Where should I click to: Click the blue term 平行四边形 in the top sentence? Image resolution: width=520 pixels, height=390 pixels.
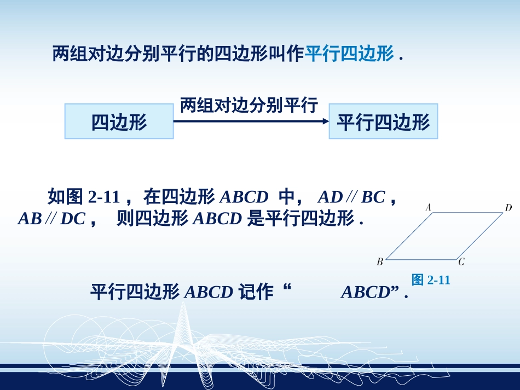click(349, 54)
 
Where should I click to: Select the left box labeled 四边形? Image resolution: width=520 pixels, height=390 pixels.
click(119, 121)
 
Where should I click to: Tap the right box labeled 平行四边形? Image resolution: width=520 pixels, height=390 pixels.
click(383, 121)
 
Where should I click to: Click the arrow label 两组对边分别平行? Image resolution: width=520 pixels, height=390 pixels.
click(249, 105)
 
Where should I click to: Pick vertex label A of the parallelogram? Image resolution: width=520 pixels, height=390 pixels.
click(429, 207)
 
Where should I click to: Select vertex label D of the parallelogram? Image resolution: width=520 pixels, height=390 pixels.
click(508, 207)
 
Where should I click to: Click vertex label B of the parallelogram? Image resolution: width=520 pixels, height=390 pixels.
click(379, 262)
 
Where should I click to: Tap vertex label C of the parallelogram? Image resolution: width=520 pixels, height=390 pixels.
click(461, 262)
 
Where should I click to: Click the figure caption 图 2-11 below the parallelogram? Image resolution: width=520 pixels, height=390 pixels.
click(430, 280)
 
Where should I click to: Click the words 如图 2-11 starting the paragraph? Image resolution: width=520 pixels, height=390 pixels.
click(83, 196)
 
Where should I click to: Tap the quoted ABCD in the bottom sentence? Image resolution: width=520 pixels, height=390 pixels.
click(365, 293)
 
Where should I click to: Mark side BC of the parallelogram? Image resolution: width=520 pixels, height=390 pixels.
click(421, 259)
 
